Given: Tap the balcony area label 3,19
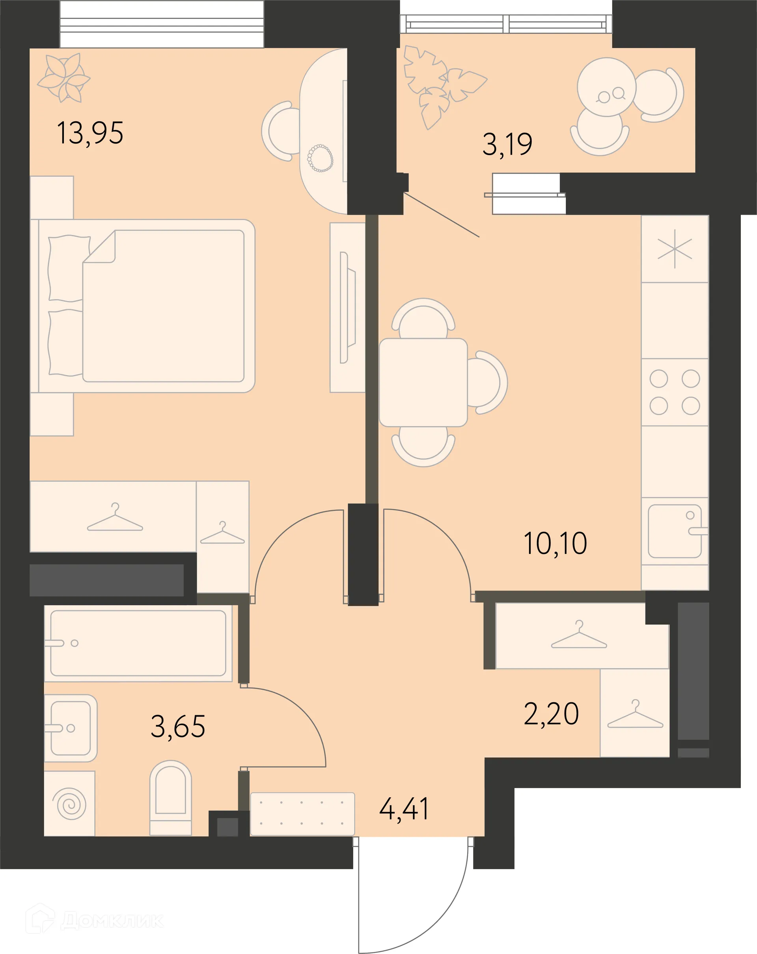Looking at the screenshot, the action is click(x=507, y=144).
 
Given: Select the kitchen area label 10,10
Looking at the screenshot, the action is click(x=556, y=543).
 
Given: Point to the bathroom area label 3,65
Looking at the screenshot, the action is click(x=178, y=727).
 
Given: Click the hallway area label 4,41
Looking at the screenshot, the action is click(x=404, y=809).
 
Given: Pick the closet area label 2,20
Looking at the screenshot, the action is click(x=552, y=714).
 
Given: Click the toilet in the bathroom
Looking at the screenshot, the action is click(x=170, y=798).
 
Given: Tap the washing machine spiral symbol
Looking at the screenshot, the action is click(x=69, y=803).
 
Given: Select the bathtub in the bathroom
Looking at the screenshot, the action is click(x=138, y=643).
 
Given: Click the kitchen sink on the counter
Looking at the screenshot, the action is click(x=675, y=531).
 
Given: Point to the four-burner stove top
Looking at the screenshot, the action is click(x=675, y=393).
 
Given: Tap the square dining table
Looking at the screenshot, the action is click(x=423, y=382).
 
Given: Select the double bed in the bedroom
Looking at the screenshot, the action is click(x=142, y=306).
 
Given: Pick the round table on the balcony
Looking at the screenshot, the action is click(x=606, y=87).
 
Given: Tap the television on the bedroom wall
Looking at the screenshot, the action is click(x=348, y=307).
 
